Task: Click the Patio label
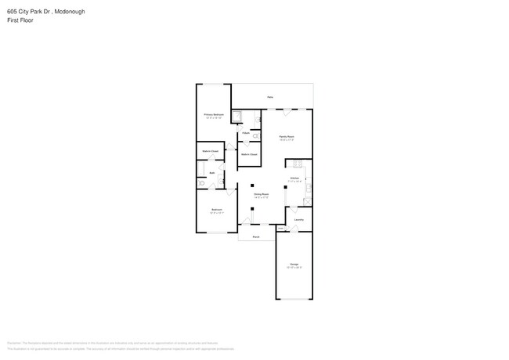pyautogui.click(x=269, y=97)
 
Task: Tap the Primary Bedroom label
pyautogui.click(x=214, y=115)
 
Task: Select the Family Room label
pyautogui.click(x=287, y=137)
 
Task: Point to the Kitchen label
pyautogui.click(x=294, y=178)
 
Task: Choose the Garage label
pyautogui.click(x=294, y=265)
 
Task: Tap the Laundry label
pyautogui.click(x=299, y=220)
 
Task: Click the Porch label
pyautogui.click(x=255, y=236)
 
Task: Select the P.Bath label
pyautogui.click(x=245, y=133)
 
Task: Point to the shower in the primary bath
pyautogui.click(x=242, y=118)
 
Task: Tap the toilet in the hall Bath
pyautogui.click(x=202, y=183)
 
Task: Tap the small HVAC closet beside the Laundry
pyautogui.click(x=281, y=228)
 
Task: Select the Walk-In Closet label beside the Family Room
pyautogui.click(x=249, y=154)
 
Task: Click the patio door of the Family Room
pyautogui.click(x=287, y=109)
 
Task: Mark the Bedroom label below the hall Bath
pyautogui.click(x=216, y=210)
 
